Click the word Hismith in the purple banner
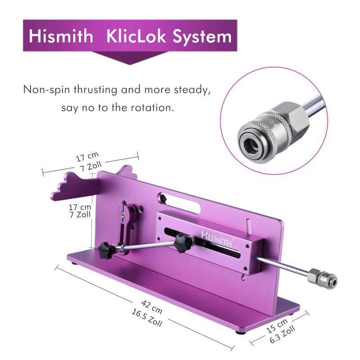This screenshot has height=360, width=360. (x=61, y=36)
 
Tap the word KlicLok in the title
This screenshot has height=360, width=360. (x=136, y=36)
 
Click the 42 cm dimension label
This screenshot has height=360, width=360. (x=152, y=307)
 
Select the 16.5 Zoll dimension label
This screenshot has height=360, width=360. (x=147, y=318)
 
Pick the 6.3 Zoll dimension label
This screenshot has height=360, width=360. (x=282, y=335)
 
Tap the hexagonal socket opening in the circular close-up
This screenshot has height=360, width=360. (x=250, y=144)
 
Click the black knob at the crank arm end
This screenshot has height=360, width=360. (x=106, y=250)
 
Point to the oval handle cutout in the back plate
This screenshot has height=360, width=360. (x=180, y=203)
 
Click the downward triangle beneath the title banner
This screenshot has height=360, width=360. (x=130, y=58)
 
